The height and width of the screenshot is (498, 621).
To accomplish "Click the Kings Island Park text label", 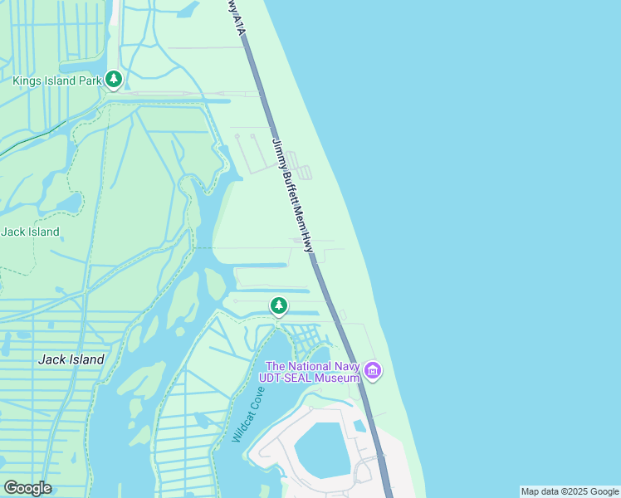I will coord(56,81).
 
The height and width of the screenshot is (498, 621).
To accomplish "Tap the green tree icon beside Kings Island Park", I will coord(114,81).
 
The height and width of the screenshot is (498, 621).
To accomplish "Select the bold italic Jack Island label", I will coord(71,359).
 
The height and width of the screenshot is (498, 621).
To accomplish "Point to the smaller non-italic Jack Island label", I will coord(30,232).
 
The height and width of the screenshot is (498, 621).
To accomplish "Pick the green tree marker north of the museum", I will coord(279,307).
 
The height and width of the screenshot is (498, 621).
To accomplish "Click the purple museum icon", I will coord(373,370).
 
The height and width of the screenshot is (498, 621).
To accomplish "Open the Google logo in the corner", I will coord(27,488).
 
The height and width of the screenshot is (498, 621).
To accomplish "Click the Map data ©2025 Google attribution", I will coord(570,491).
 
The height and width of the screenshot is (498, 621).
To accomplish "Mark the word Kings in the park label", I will coord(27,81).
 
